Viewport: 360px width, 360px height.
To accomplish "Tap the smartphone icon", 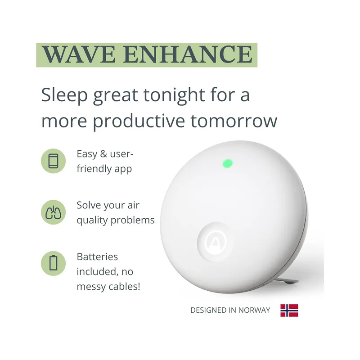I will [53, 161].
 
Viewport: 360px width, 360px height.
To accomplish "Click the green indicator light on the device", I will [228, 162].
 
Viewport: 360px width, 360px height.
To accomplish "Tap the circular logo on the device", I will [215, 242].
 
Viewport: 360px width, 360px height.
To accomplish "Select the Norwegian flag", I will [289, 310].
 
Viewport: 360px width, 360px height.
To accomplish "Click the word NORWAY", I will [255, 310].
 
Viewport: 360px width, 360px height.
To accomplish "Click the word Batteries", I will [97, 257].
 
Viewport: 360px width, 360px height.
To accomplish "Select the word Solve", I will [89, 206].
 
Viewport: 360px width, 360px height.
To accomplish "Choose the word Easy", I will [87, 154].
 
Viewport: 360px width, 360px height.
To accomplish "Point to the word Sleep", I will [64, 95].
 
